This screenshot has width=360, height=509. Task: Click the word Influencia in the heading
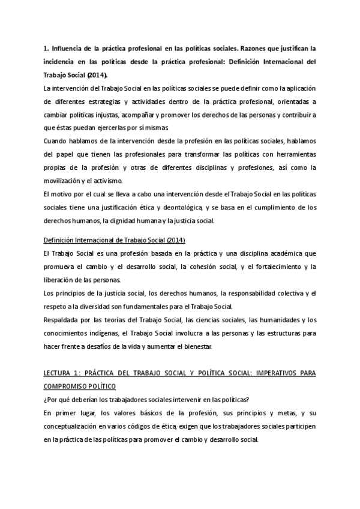coord(68,47)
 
